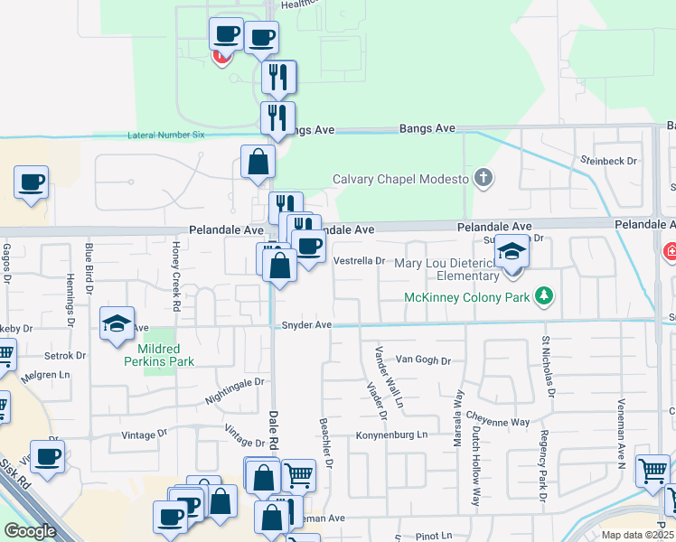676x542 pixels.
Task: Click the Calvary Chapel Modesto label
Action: (401, 179)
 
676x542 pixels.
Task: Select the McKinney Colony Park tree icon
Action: (544, 295)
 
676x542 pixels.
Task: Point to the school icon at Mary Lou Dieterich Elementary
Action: (512, 252)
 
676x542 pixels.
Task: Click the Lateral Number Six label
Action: (167, 135)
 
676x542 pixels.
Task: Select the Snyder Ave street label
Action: (307, 325)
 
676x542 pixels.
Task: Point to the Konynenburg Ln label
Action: (390, 435)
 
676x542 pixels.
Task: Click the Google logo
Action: (30, 531)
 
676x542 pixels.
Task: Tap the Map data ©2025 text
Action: (637, 535)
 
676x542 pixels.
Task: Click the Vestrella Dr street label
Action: (360, 261)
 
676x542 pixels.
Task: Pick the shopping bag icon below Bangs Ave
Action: (258, 162)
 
